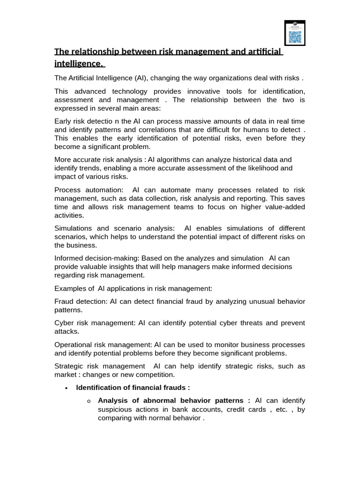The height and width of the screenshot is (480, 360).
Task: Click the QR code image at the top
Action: tap(295, 33)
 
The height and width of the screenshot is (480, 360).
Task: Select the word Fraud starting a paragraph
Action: tap(64, 301)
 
